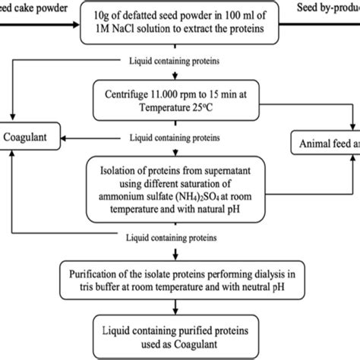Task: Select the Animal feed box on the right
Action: [327, 145]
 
